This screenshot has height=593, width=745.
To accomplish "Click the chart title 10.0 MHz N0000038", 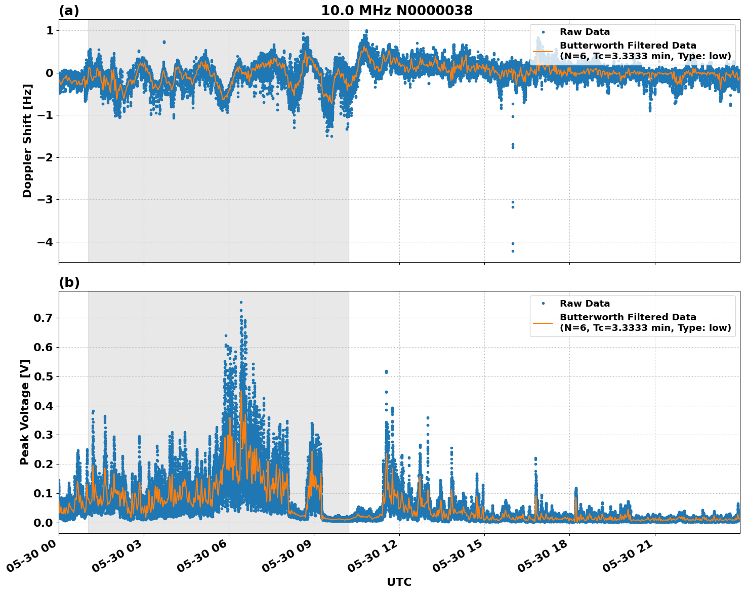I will coord(397,11).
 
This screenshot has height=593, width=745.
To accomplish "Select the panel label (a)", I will coord(69,11).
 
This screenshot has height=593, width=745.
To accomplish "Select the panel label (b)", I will coord(69,282).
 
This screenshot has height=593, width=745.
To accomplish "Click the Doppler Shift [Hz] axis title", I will coord(27,141).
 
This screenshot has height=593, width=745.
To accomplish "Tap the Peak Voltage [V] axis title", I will coord(25,412).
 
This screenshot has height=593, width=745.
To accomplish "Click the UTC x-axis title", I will coord(399,582).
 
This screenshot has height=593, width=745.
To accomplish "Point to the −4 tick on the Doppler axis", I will coord(45,242).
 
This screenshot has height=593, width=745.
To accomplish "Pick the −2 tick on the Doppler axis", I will coord(45,157).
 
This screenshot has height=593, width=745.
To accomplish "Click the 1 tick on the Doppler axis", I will coord(50,31).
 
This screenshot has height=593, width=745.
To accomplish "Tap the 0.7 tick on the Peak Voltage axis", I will coord(44,318).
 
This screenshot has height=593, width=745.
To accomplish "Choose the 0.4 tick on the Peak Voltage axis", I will coord(44,406).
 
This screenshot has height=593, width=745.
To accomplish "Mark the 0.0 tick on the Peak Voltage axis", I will coord(44,523).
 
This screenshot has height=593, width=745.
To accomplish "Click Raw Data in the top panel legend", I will coord(585,32).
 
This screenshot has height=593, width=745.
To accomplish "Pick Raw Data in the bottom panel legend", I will coord(585,304).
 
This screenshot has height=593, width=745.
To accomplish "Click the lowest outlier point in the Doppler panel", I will coord(513,251).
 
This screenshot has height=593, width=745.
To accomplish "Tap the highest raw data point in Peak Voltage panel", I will coord(241,302).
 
